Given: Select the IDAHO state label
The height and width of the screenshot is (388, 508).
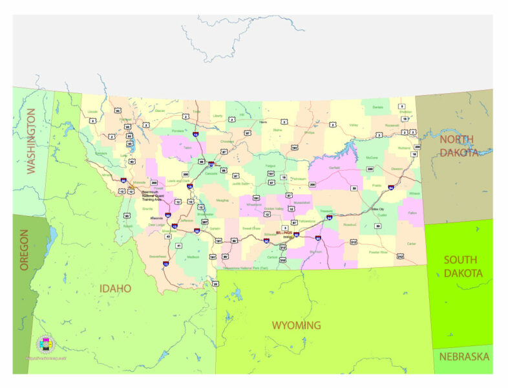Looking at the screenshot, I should click(116, 288).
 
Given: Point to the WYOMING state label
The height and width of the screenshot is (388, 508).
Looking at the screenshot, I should click(296, 325).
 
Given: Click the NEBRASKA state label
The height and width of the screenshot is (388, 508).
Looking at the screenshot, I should click(464, 356).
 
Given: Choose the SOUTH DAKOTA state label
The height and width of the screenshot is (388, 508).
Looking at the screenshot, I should click(463, 266).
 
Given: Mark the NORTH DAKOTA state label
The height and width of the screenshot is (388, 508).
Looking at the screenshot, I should click(465, 145).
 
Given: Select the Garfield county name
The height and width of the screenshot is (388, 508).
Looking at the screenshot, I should click(334, 167).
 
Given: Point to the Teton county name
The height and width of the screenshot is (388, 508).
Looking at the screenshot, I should click(187, 147).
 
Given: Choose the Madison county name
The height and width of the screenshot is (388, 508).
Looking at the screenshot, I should click(193, 257).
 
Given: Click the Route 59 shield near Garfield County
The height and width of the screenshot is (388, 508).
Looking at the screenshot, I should click(354, 188).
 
